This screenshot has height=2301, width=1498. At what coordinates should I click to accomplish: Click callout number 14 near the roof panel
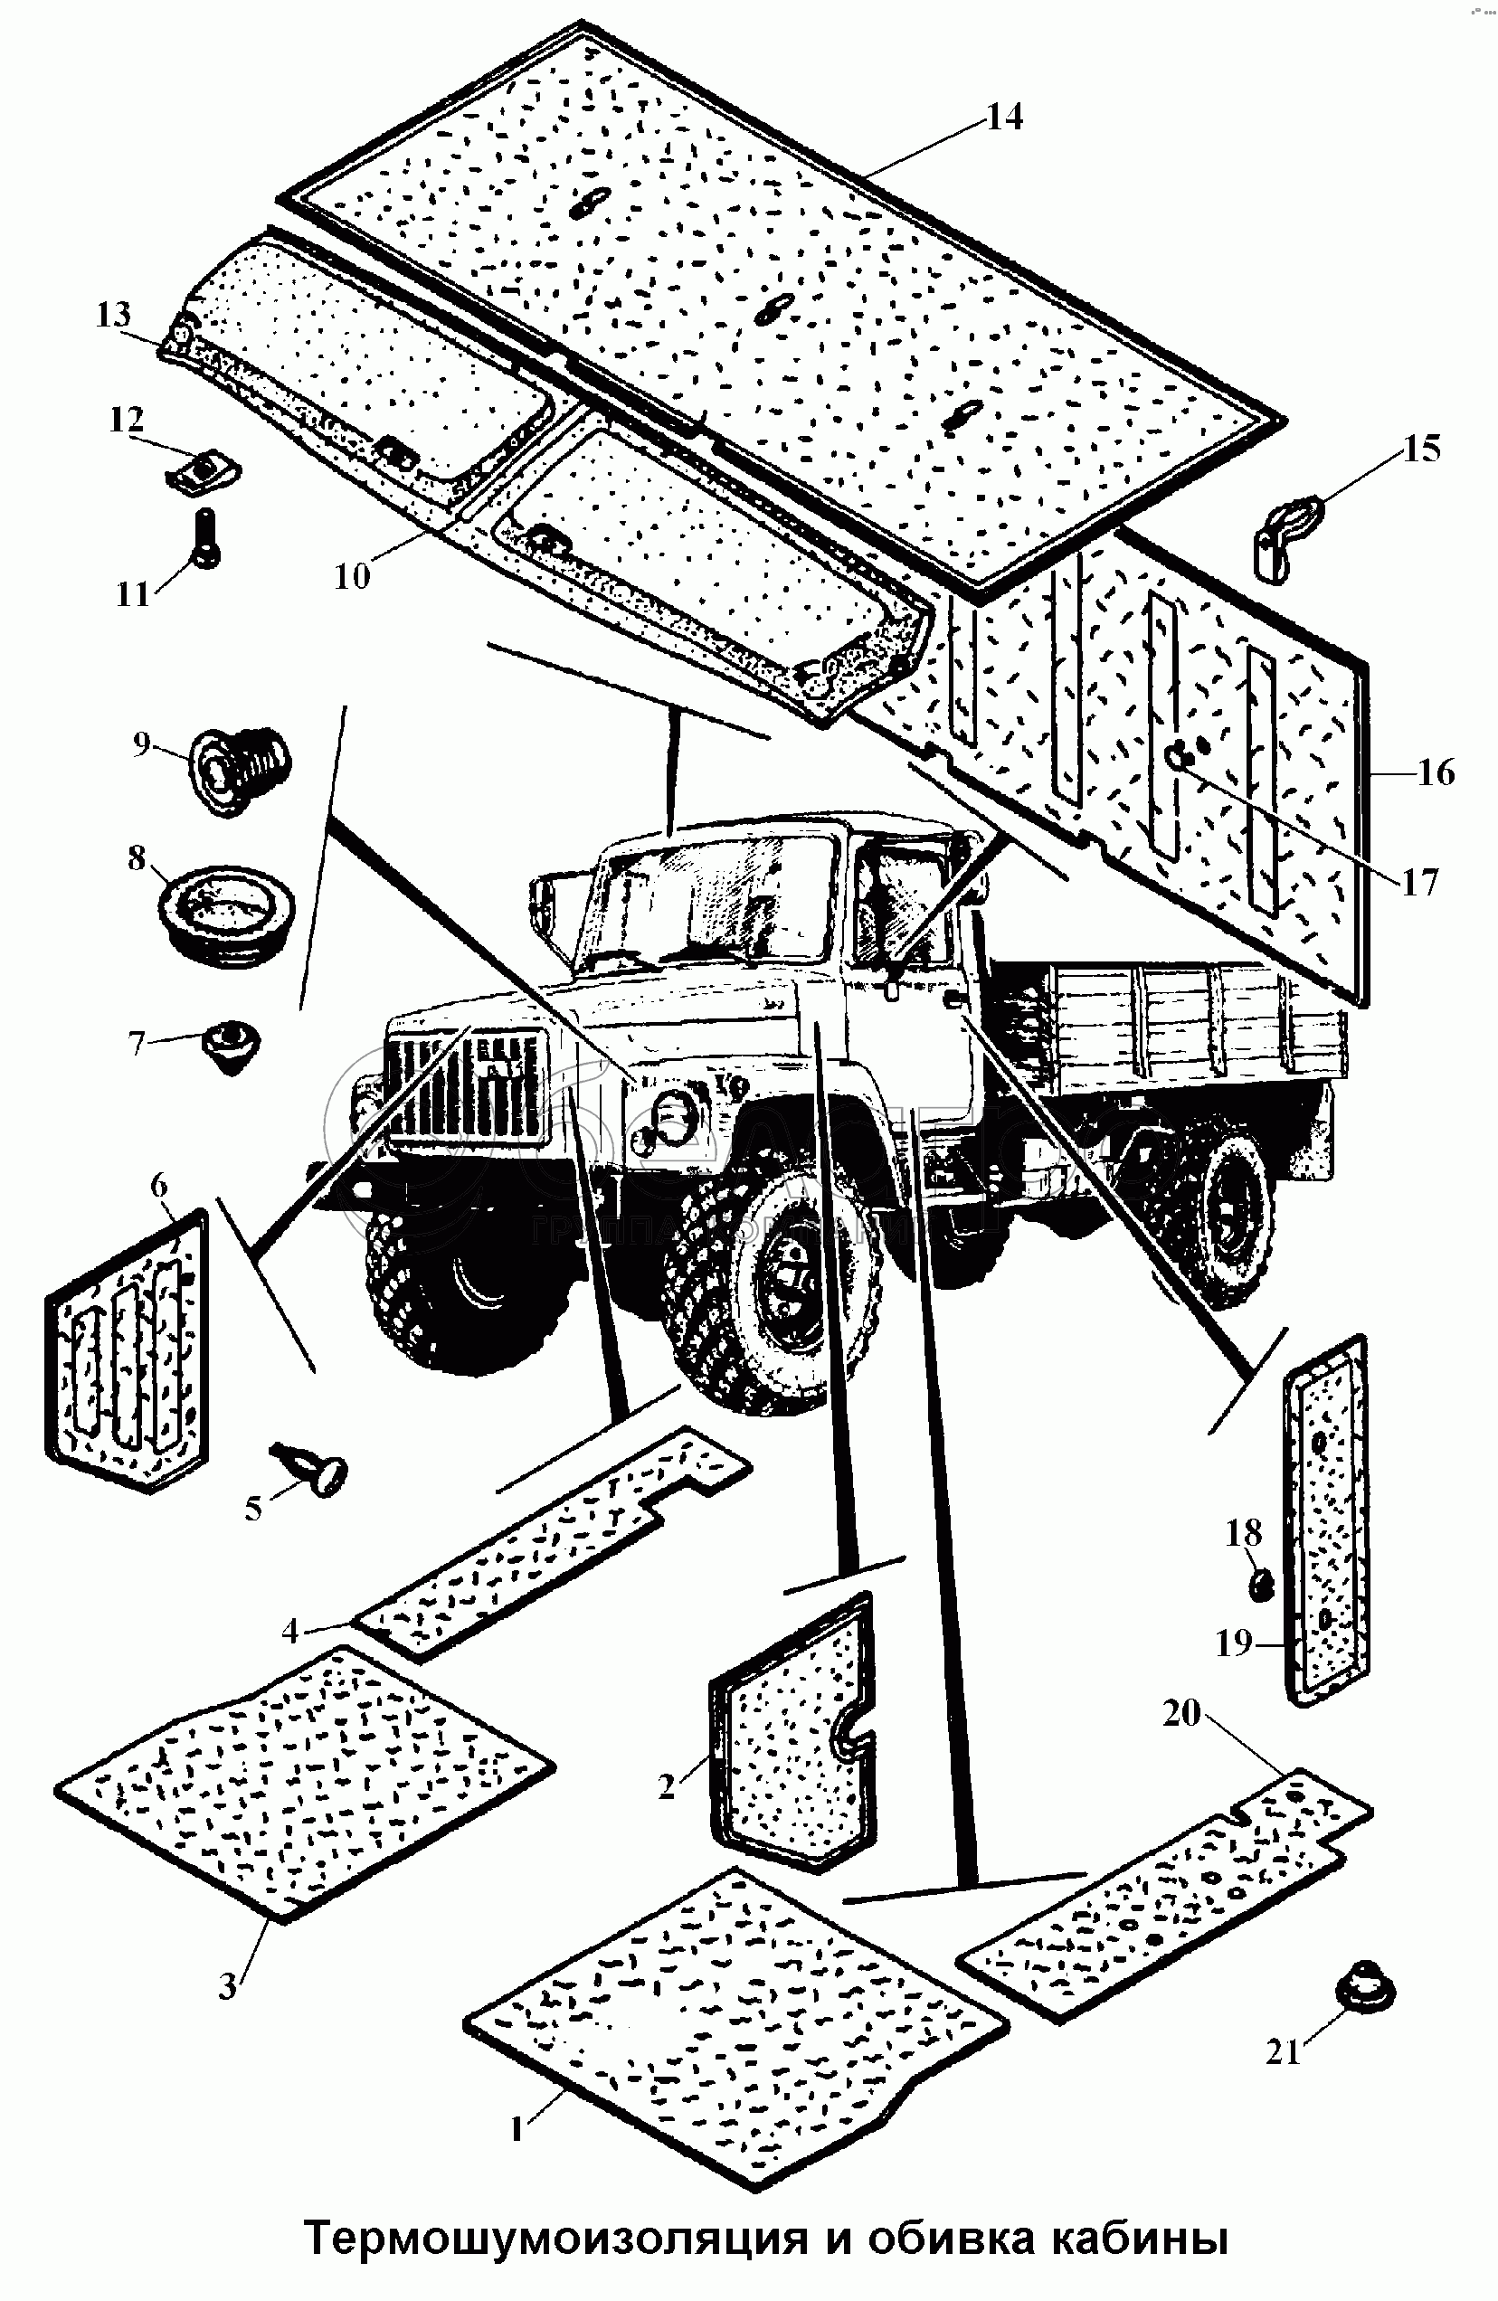[x=1005, y=117]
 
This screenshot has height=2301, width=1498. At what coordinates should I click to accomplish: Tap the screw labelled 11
[x=206, y=537]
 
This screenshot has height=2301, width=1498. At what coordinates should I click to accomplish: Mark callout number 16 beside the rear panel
[x=1436, y=772]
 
